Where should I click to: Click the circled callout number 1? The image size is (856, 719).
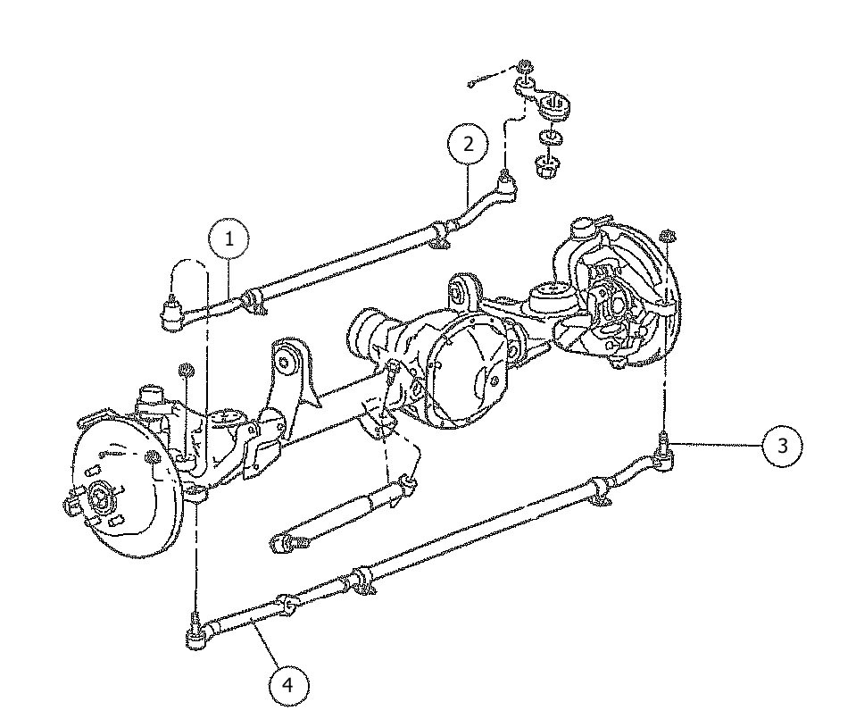click(x=229, y=238)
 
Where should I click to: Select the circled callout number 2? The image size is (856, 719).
click(x=469, y=145)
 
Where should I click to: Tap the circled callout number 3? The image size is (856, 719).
click(x=782, y=445)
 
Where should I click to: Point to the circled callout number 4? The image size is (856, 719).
click(x=287, y=685)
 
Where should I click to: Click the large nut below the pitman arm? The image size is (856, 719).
click(x=544, y=165)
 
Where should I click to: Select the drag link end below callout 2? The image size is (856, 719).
click(x=507, y=185)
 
